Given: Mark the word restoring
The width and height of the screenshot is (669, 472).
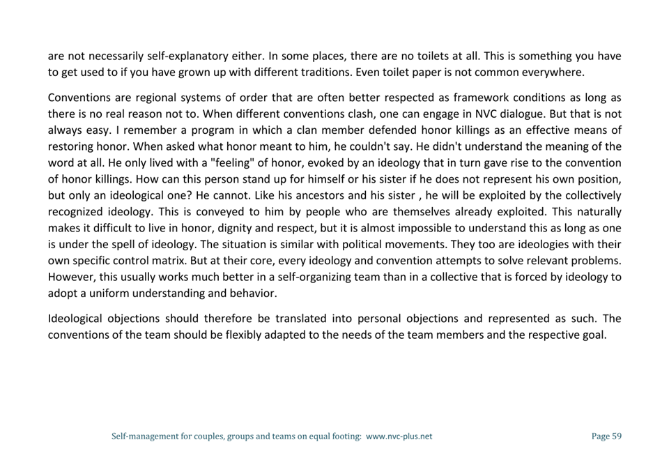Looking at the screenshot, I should click(70, 146).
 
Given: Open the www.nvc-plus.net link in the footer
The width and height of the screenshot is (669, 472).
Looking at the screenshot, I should click(399, 436).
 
